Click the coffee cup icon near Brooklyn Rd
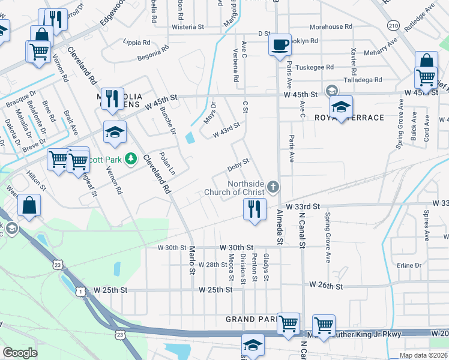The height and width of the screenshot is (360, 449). [x=280, y=45]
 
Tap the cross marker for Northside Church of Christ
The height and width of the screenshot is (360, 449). [x=273, y=187]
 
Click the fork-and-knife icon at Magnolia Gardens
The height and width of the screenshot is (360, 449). [x=112, y=98]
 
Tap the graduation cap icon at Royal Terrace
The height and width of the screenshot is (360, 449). [x=340, y=107]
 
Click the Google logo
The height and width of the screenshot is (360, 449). [x=20, y=353]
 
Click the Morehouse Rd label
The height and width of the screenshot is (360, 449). [x=331, y=27]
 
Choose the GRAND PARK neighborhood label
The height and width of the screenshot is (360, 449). [x=250, y=319]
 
